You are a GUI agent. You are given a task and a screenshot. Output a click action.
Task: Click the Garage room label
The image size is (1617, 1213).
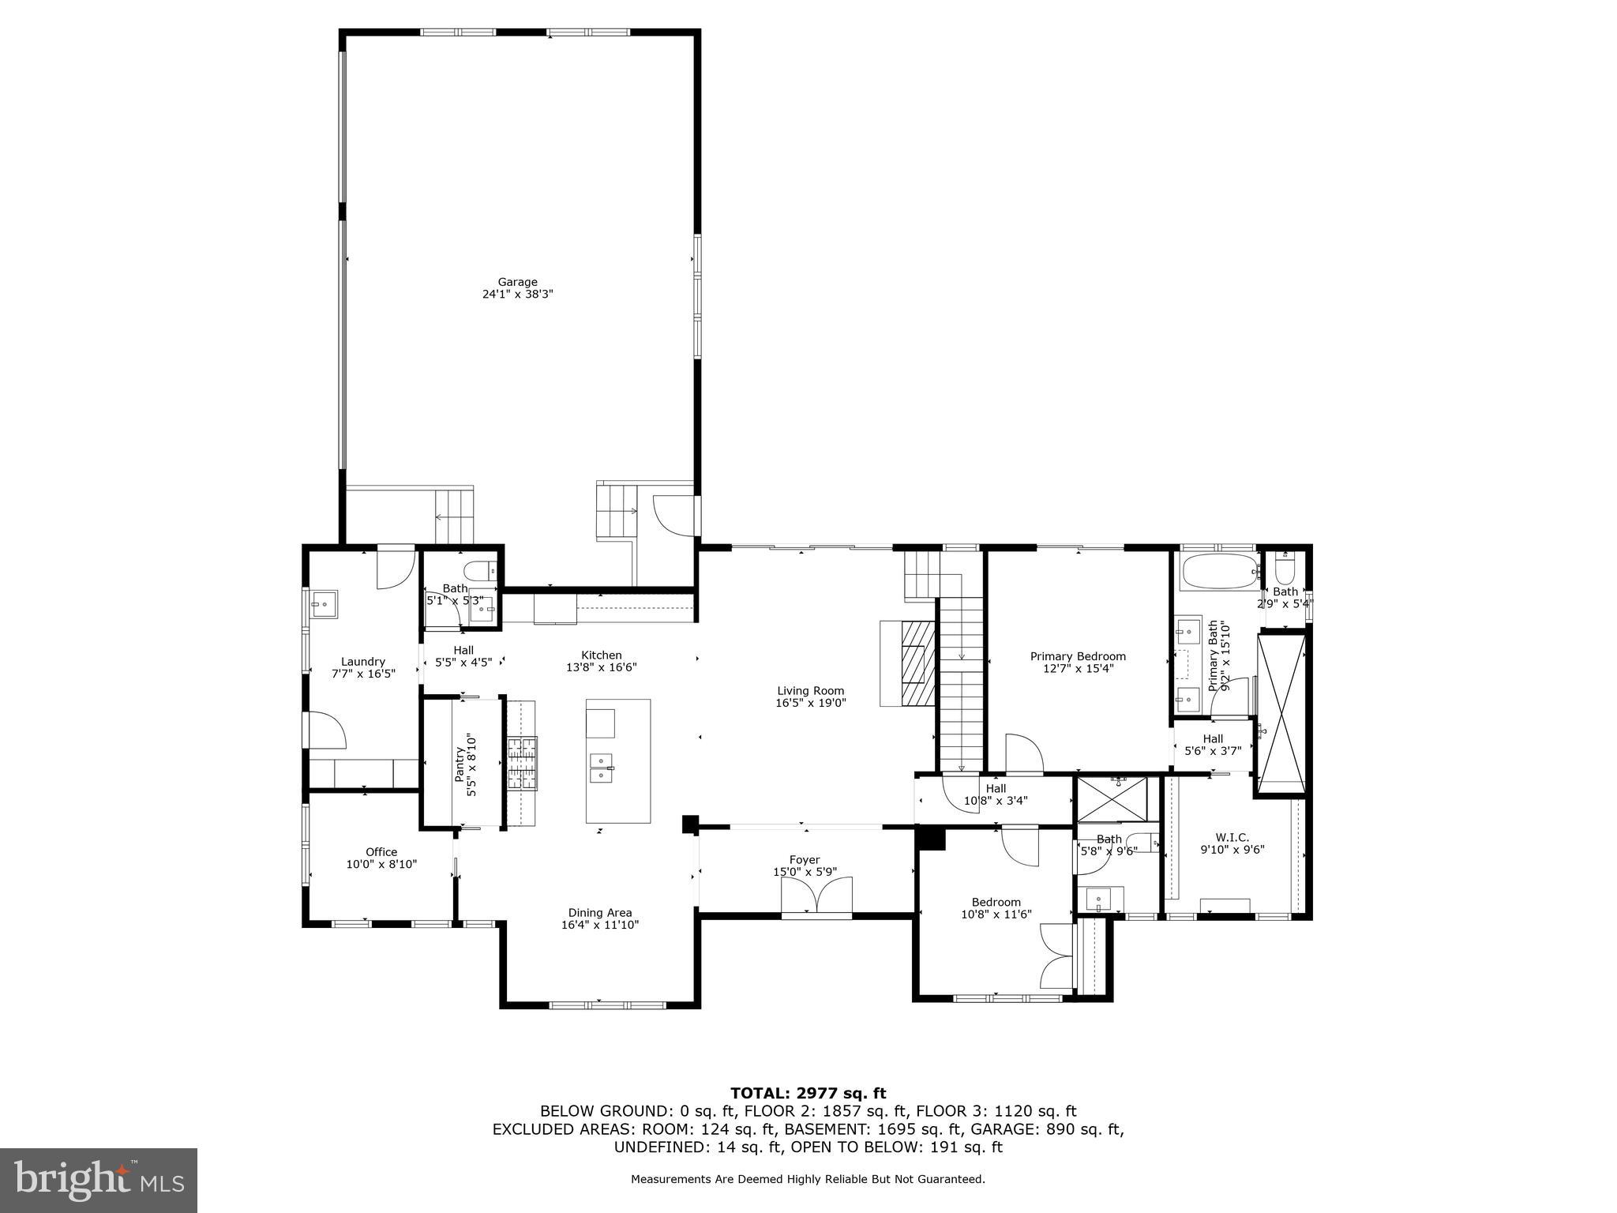[x=517, y=282]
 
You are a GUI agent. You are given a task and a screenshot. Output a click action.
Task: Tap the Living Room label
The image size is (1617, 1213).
[x=810, y=691]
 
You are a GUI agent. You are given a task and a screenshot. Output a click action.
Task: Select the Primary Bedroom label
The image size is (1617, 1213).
[x=1078, y=656]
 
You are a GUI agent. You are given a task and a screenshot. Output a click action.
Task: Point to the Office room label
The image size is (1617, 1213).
[x=381, y=852]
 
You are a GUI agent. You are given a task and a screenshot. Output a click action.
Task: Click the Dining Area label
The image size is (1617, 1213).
[x=600, y=913]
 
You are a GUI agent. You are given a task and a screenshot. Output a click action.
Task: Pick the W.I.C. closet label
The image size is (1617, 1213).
[x=1232, y=837]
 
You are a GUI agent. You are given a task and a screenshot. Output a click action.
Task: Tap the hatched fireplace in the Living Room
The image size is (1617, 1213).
[x=917, y=664]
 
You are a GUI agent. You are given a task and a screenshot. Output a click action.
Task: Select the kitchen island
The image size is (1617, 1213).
[x=618, y=760]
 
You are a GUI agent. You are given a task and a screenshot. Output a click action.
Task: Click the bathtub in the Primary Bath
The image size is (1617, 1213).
[x=1217, y=570]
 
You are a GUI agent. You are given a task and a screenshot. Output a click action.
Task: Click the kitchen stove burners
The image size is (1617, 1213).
[x=521, y=764]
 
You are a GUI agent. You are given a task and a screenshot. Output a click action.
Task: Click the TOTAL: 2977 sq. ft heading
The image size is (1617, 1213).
[x=808, y=1093]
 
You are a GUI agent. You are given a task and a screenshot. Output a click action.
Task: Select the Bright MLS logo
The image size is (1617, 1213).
[x=99, y=1181]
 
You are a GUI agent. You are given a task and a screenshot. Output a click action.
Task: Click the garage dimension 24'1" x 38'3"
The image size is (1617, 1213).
[x=518, y=294]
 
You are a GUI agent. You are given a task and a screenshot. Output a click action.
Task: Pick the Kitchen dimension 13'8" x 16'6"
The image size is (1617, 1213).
[x=602, y=667]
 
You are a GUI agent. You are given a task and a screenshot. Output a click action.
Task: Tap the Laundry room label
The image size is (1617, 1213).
[x=363, y=662]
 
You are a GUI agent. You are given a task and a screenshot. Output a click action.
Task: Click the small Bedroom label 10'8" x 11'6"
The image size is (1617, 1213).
[x=996, y=914]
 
